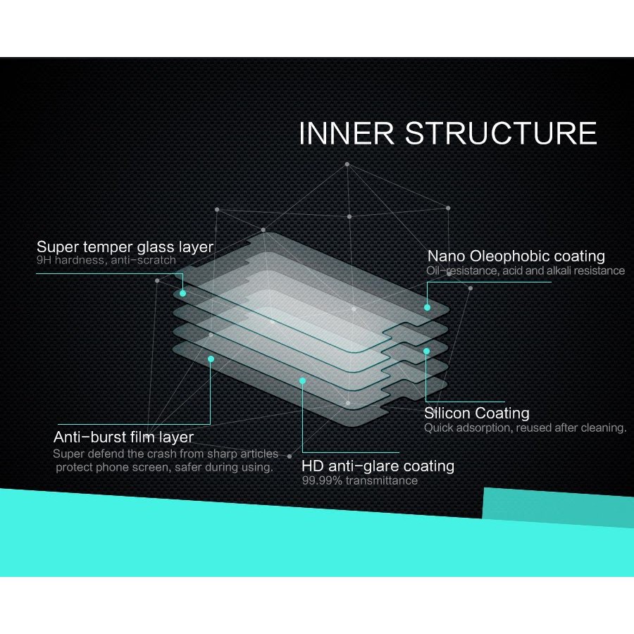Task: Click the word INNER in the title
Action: coord(347,133)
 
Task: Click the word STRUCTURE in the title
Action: coord(501,133)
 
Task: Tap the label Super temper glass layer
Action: coord(125,247)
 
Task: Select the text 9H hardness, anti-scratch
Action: coord(106,260)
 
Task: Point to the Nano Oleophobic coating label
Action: coord(516,256)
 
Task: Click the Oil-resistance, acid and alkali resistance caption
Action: coord(526,271)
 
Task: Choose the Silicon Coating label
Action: coord(477,413)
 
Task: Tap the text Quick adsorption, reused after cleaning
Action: coord(526,428)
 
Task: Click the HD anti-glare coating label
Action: coord(378,466)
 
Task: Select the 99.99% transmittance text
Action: coord(360,480)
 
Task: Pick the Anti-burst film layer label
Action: coord(123,437)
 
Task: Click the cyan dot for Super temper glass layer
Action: coord(182,293)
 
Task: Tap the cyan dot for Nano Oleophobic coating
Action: coord(427,308)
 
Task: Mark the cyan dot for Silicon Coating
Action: coord(426,352)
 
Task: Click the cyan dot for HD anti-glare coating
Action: coord(302,381)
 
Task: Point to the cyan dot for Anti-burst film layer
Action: coord(211,359)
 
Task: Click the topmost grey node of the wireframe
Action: coord(347,164)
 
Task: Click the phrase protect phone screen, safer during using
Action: coord(165,468)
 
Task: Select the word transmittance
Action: coord(382,480)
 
